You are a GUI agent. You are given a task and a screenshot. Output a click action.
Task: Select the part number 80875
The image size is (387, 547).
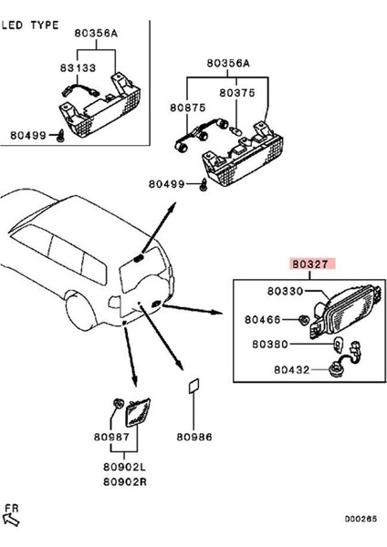pyautogui.click(x=187, y=106)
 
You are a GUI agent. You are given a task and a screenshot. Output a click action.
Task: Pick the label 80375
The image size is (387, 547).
pyautogui.click(x=237, y=92)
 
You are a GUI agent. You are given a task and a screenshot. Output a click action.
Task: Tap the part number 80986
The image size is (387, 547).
pyautogui.click(x=194, y=437)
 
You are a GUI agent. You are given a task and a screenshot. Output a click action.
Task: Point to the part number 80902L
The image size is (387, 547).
pyautogui.click(x=123, y=465)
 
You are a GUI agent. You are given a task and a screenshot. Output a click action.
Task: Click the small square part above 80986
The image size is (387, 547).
pyautogui.click(x=194, y=387)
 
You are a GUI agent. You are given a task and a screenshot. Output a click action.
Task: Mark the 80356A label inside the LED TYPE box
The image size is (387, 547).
pyautogui.click(x=96, y=34)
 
